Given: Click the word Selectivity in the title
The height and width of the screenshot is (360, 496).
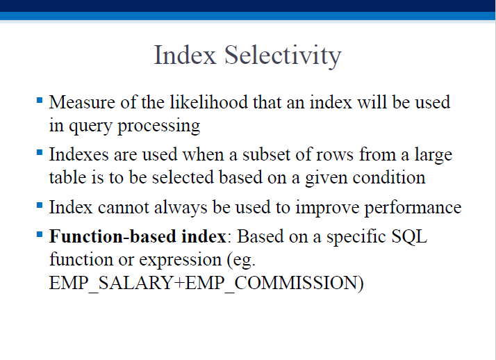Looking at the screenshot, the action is point(283,56).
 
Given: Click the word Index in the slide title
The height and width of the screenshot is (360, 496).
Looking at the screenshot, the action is point(185,55).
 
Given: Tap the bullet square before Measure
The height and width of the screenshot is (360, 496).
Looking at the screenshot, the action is point(40,101).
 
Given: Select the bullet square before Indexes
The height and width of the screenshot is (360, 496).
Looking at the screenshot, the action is point(40,153).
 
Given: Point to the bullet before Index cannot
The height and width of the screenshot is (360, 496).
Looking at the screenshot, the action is point(40,206).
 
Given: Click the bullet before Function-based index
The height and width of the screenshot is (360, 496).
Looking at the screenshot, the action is point(40,235).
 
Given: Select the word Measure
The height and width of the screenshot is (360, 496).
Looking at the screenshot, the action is point(82,102).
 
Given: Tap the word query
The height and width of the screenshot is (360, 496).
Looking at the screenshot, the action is point(90,126).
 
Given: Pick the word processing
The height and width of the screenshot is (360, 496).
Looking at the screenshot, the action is point(159,126).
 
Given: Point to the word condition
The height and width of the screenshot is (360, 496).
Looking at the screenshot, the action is point(389,177).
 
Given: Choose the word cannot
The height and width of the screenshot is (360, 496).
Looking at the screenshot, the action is point(124,208).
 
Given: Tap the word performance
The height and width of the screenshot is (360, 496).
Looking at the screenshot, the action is point(413,208).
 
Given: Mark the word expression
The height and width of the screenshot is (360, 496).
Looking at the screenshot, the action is point(181,261).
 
